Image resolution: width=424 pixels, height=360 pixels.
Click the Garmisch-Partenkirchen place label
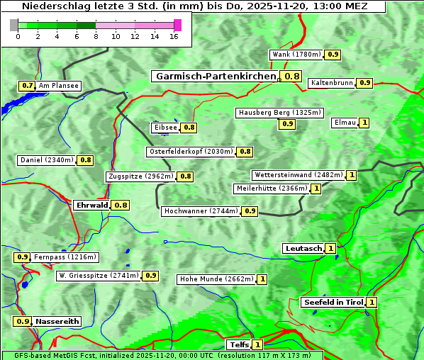[x=215, y=77]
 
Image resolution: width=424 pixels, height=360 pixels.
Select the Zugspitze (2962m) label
[x=140, y=176]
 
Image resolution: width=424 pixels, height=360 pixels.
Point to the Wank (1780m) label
[x=297, y=55]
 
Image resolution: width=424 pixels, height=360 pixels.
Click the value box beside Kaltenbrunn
[x=364, y=83]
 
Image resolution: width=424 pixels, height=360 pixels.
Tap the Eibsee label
[x=165, y=128]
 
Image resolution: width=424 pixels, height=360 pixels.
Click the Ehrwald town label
[x=91, y=206]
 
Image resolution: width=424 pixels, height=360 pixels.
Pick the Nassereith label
[x=57, y=321]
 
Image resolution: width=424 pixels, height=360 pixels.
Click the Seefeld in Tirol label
[x=333, y=303]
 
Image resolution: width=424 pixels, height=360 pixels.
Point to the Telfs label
[x=238, y=345]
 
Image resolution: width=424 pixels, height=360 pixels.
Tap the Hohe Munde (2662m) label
[x=216, y=279]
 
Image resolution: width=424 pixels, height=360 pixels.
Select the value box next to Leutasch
[x=331, y=249]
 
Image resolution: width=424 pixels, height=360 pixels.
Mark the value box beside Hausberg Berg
[x=287, y=124]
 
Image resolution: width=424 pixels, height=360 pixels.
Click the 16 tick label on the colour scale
[x=174, y=36]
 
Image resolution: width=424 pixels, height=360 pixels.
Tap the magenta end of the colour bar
[x=177, y=25]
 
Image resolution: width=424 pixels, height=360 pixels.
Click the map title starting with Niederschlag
[x=193, y=6]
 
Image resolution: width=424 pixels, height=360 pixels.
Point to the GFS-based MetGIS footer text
[x=162, y=355]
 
